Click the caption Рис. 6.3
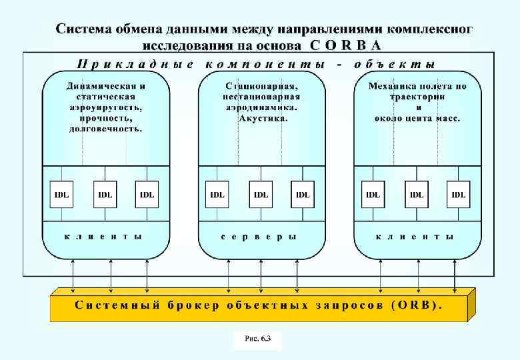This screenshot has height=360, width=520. pos(257,339)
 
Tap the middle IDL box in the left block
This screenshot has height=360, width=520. pos(105,194)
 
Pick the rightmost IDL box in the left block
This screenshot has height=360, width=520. pos(147,194)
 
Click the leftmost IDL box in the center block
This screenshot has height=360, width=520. pos(217,194)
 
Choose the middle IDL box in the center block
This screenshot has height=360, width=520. pos(261,194)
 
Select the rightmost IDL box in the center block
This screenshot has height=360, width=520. pos(303,194)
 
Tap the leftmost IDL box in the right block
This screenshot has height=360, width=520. pos(373,194)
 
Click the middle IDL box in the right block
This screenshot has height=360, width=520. pos(417,194)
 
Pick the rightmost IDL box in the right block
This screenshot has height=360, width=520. pos(459,194)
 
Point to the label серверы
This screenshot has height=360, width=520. pos(259,236)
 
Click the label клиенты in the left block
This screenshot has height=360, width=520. pos(103,236)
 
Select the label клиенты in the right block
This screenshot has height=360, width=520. pos(415,236)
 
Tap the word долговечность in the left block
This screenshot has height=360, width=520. pos(105,129)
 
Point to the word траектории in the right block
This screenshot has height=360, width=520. pos(418,97)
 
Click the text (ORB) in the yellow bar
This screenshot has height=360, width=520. pos(417,306)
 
